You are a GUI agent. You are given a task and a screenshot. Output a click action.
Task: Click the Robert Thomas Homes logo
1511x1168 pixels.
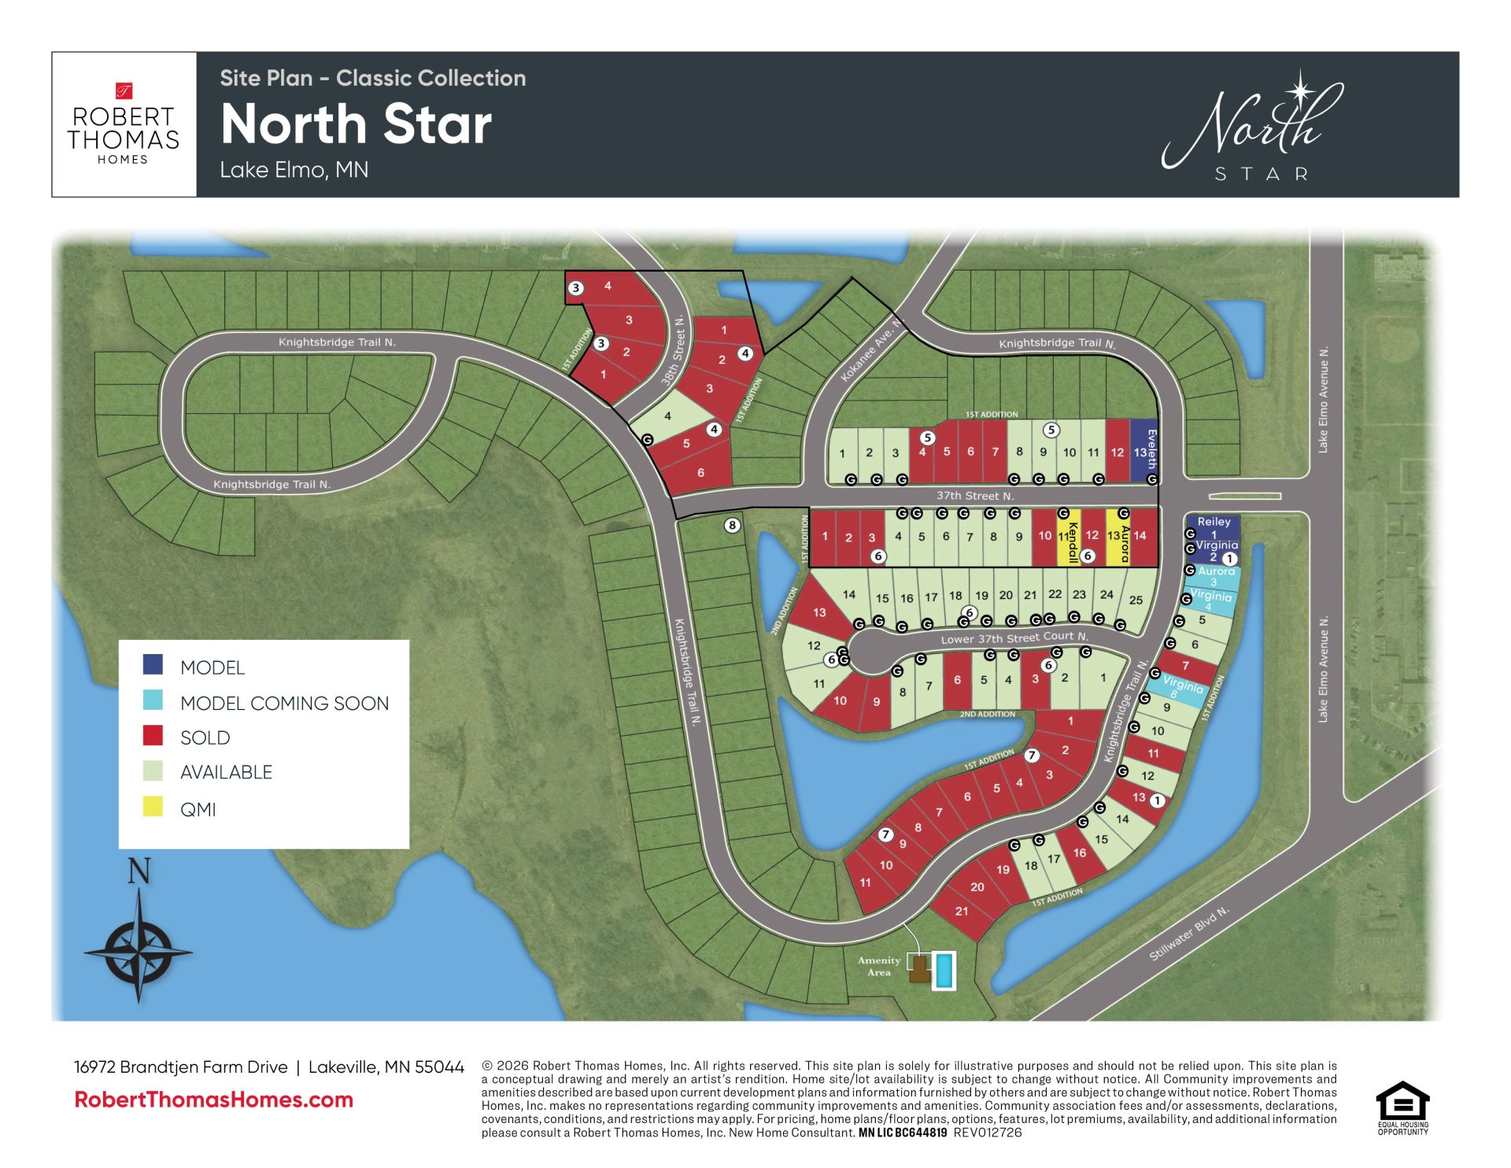point(124,124)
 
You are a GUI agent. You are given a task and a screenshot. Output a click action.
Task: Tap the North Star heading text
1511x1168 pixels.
point(356,124)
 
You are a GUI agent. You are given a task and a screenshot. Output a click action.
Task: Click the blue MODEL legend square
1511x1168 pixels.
point(153,664)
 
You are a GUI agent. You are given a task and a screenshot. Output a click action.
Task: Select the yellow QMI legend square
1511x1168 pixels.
point(153,807)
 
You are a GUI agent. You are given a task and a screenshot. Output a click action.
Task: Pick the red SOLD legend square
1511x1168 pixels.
point(153,735)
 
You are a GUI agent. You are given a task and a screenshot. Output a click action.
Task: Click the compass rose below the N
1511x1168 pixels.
point(139,951)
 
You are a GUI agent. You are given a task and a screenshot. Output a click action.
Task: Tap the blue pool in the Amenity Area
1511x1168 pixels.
point(944,970)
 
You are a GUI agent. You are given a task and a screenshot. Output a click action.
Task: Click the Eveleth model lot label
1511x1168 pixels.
point(1151,449)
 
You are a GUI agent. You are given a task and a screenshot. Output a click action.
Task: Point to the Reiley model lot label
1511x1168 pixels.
point(1214,522)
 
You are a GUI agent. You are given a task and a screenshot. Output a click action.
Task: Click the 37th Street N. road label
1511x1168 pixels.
point(974,496)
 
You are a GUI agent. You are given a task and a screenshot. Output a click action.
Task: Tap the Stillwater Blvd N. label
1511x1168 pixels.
point(1188,933)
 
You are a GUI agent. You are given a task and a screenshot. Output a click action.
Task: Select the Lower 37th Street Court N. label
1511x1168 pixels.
point(1014,638)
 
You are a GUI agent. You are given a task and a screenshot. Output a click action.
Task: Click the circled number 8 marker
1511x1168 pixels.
point(732,525)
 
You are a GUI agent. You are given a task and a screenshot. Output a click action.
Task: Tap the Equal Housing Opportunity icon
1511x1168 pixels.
point(1402,1108)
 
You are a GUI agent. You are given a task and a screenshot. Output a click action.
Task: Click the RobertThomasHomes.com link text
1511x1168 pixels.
point(213,1100)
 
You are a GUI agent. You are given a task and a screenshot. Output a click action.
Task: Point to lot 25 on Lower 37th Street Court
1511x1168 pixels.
point(1136,600)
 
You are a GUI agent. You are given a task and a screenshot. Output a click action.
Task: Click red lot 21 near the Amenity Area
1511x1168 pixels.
point(962,911)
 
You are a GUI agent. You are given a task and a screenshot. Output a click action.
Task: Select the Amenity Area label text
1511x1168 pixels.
point(879,966)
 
